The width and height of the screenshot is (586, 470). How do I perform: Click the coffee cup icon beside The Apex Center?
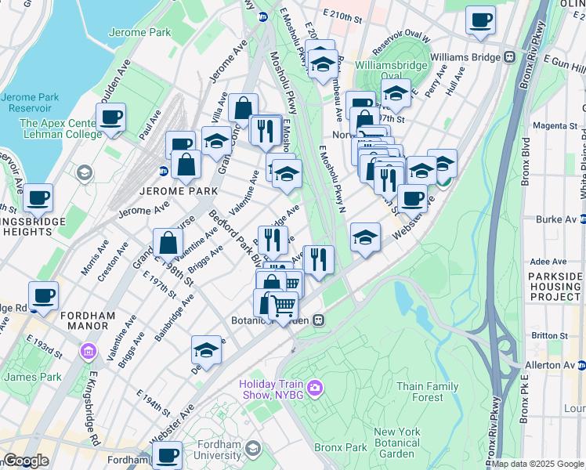pos(110,118)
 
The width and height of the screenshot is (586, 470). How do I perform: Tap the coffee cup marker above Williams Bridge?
pos(480,20)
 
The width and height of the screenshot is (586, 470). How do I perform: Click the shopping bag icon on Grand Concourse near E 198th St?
pos(168,244)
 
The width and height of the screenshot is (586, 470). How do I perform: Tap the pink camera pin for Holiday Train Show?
pos(314,386)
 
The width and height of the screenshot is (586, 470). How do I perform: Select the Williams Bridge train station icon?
pos(509,57)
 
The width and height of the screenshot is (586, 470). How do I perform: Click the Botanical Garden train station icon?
pos(319,320)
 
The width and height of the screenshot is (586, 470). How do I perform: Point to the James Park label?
pos(31,378)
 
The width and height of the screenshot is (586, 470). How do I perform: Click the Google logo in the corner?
pos(26,461)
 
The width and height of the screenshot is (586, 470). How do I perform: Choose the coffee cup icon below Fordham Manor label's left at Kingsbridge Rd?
pos(45,297)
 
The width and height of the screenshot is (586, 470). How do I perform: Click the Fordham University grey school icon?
pos(252,448)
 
